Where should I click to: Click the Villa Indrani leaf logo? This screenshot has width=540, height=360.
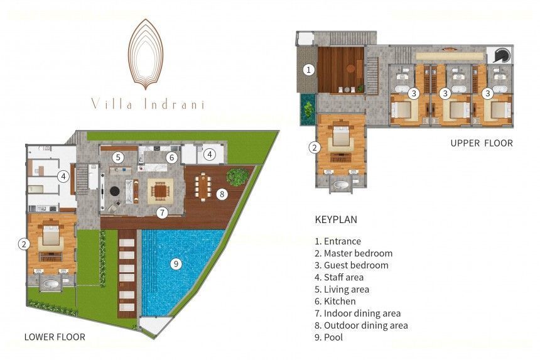click(x=145, y=54)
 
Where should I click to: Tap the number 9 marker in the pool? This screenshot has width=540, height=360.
click(x=176, y=264)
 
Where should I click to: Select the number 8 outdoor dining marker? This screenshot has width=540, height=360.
click(x=222, y=194)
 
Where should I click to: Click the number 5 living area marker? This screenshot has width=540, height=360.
click(x=118, y=158)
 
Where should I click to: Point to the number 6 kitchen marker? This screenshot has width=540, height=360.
click(x=171, y=158)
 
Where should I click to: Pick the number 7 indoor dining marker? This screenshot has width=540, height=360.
click(x=162, y=212)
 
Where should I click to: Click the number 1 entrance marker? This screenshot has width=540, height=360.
click(x=308, y=70)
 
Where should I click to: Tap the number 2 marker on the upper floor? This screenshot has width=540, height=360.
click(x=315, y=148)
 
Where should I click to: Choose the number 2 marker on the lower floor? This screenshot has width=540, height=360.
click(x=23, y=244)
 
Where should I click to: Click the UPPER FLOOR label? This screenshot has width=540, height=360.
click(x=482, y=143)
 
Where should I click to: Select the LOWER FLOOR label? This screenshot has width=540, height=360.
click(x=55, y=337)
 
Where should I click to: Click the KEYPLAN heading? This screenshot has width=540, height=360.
click(x=336, y=219)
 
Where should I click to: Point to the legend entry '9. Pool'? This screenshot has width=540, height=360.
click(x=328, y=337)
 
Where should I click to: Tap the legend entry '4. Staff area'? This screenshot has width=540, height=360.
click(x=339, y=277)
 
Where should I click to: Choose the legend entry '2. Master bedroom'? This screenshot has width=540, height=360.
click(x=354, y=253)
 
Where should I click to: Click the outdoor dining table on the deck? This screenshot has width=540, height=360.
click(x=203, y=187)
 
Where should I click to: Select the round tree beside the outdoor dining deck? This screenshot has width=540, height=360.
click(x=237, y=176)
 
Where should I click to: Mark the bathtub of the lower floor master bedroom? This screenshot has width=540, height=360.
click(x=51, y=285)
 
